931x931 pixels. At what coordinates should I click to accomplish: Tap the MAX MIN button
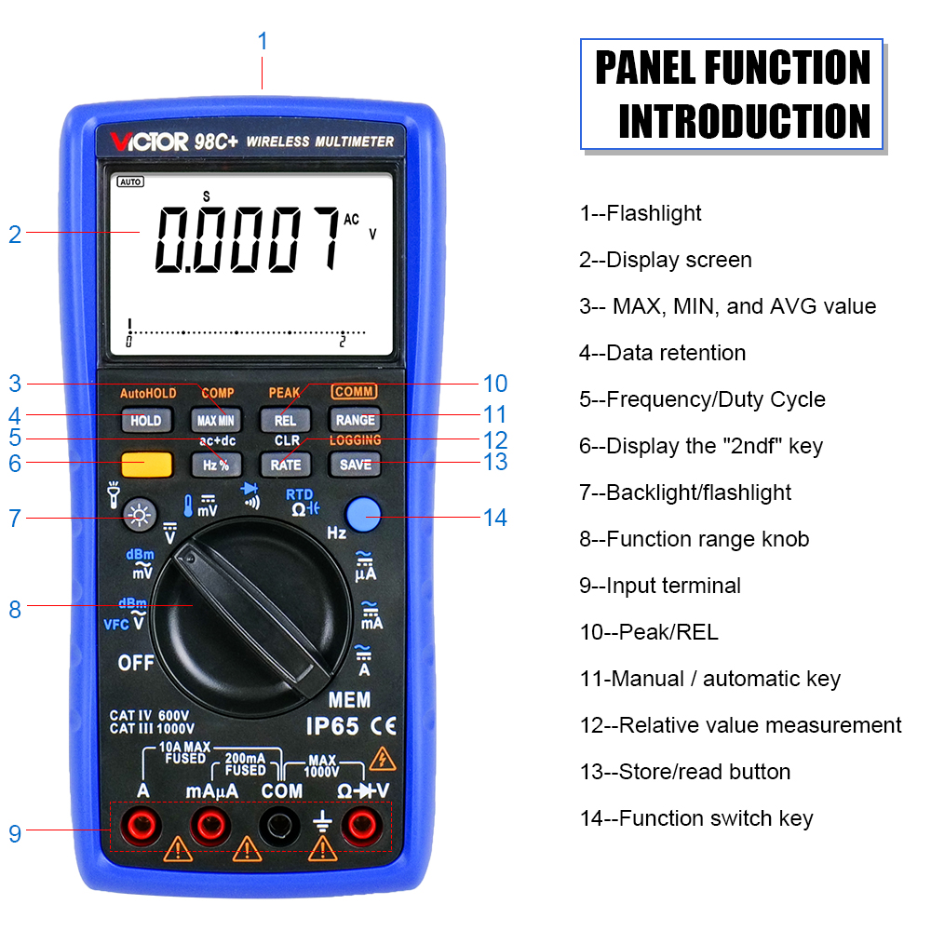pos(216,421)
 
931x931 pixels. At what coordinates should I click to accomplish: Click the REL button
pos(285,421)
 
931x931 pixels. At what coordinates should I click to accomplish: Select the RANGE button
pos(355,421)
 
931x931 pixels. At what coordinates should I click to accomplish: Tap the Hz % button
pos(216,465)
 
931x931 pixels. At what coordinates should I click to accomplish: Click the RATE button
pos(285,465)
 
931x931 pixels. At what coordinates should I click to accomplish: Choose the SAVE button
pos(355,465)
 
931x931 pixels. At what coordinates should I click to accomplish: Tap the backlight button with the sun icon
pos(140,515)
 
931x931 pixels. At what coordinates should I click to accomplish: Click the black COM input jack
pos(279,825)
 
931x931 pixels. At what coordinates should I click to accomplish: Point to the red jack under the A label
pos(142,825)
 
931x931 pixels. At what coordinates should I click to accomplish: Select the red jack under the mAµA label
pos(210,825)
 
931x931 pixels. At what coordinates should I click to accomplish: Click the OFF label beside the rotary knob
pos(136,663)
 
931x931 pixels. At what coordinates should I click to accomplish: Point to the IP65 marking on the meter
pos(332,726)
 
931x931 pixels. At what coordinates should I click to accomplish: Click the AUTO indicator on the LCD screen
pos(130,182)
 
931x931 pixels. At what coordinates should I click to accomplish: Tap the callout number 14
pos(495,518)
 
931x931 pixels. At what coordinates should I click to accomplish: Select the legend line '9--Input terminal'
pos(660,586)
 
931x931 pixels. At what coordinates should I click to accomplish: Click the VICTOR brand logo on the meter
pos(149,142)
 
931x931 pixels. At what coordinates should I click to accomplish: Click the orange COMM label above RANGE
pos(354,391)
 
